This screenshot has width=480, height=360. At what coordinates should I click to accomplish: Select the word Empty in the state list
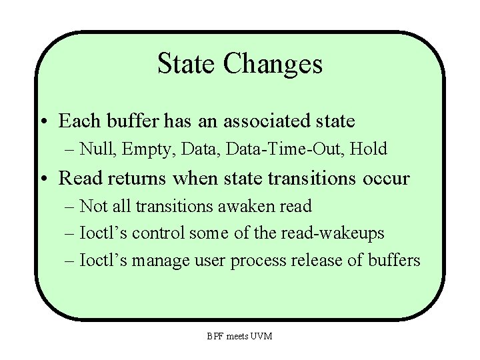pos(145,149)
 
